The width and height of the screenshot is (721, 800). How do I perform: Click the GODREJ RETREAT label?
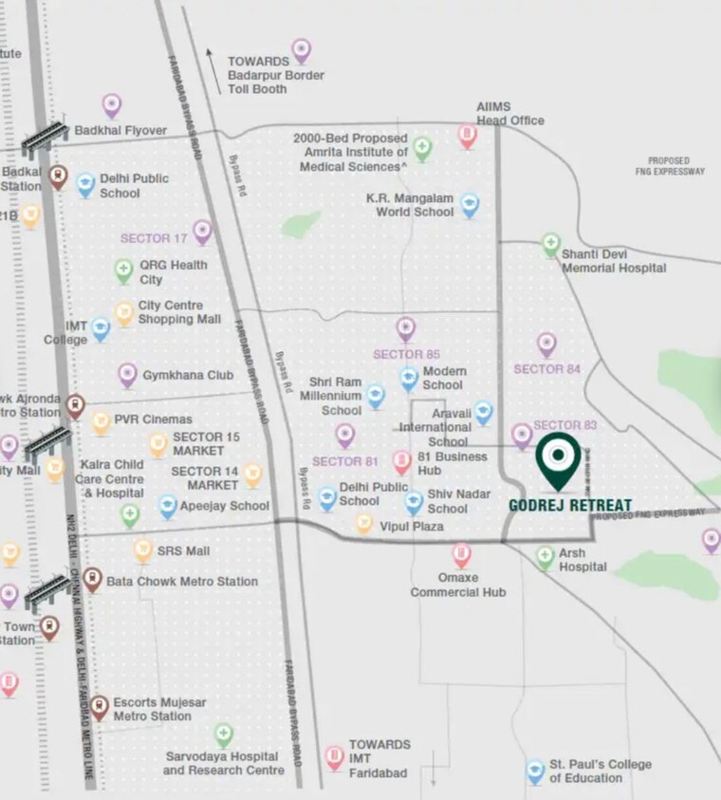pyautogui.click(x=570, y=505)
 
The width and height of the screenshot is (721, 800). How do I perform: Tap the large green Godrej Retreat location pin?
pyautogui.click(x=558, y=459)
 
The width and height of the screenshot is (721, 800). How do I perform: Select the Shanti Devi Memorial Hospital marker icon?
pyautogui.click(x=551, y=246)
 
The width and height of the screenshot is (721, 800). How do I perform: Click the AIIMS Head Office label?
pyautogui.click(x=510, y=114)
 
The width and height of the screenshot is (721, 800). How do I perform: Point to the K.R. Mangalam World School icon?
pyautogui.click(x=470, y=205)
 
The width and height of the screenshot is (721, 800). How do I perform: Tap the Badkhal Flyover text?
pyautogui.click(x=120, y=131)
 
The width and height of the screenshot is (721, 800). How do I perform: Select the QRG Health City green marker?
pyautogui.click(x=124, y=271)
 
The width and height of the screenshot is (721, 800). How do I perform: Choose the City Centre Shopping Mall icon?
pyautogui.click(x=124, y=313)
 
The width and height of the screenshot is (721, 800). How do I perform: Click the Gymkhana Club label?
pyautogui.click(x=188, y=376)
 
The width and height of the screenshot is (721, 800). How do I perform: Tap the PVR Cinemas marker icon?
pyautogui.click(x=102, y=422)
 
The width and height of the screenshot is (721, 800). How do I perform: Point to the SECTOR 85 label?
pyautogui.click(x=406, y=355)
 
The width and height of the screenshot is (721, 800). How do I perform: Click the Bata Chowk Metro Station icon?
pyautogui.click(x=92, y=579)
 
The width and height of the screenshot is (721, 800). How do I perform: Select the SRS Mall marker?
pyautogui.click(x=143, y=549)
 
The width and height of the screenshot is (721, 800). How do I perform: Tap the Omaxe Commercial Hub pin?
pyautogui.click(x=461, y=554)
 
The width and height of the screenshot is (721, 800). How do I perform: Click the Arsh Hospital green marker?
pyautogui.click(x=545, y=557)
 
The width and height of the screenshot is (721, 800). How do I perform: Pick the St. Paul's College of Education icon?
pyautogui.click(x=536, y=772)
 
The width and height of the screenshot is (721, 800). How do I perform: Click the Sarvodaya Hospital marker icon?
pyautogui.click(x=223, y=735)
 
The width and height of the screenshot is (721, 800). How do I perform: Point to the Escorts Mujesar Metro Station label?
pyautogui.click(x=158, y=709)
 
